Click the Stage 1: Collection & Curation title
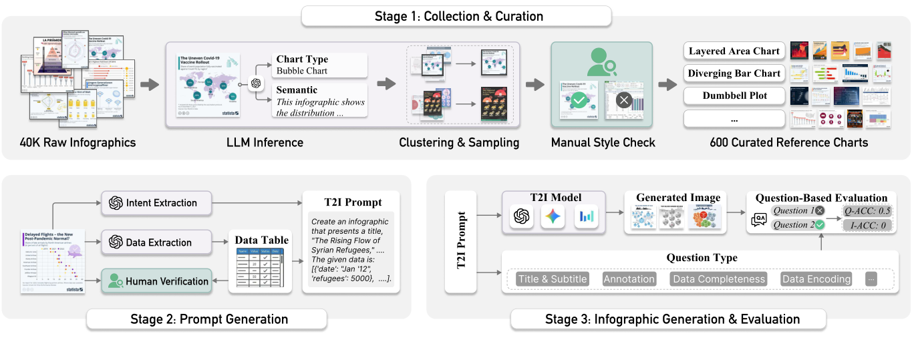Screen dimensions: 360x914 pos(456,16)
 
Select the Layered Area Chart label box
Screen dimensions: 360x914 pos(734,51)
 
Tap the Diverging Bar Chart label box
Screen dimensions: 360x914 pos(734,73)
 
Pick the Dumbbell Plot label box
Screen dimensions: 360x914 pos(734,96)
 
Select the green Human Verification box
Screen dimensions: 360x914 pos(156,281)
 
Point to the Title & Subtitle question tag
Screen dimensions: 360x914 pos(552,279)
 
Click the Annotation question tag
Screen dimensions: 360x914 pos(629,279)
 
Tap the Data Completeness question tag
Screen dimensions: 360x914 pos(718,279)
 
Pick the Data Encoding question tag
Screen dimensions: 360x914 pos(816,279)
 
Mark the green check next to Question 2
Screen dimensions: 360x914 pos(819,225)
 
